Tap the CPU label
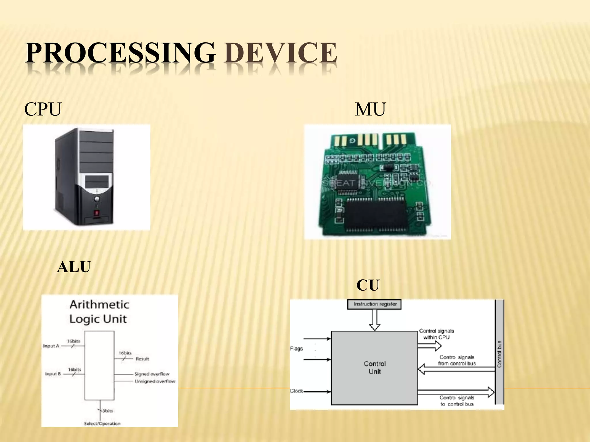[x=43, y=109]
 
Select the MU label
[x=370, y=109]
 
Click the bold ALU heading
[x=74, y=267]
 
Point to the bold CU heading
[x=368, y=285]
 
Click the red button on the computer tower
[x=97, y=213]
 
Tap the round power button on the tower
[x=97, y=199]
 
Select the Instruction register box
[x=374, y=304]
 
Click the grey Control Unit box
[x=374, y=368]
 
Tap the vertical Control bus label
[x=500, y=354]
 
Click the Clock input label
[x=296, y=391]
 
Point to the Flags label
[x=296, y=348]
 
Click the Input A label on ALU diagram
[x=51, y=346]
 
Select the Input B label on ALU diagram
[x=53, y=374]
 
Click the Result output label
[x=142, y=359]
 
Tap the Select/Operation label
[x=102, y=424]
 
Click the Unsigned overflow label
[x=155, y=381]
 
